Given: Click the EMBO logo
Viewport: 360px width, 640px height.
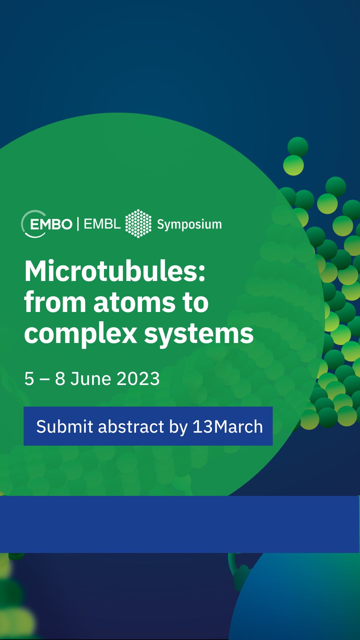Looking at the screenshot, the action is [47, 224].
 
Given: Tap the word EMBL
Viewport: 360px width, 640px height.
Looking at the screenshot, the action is [102, 224].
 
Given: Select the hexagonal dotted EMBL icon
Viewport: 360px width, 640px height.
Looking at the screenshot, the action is [138, 224].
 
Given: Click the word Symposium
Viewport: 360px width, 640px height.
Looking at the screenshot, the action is [189, 225].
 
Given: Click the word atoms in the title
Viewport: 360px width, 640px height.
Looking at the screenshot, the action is [134, 302].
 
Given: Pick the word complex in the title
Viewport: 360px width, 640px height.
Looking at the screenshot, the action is [81, 334].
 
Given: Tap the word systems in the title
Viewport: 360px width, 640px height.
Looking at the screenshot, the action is [199, 334].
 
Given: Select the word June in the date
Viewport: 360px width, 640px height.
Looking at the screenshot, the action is [91, 379].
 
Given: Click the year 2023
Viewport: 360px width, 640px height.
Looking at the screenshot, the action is [138, 379].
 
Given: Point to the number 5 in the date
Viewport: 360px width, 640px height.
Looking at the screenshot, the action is [29, 379].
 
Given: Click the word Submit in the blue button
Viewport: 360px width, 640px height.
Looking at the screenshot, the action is [65, 426].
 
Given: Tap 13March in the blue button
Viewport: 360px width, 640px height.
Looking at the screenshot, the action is [228, 426].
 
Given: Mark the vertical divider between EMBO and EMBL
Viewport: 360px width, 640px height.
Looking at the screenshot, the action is [78, 224].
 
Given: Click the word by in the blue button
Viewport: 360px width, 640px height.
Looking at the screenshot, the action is [178, 427].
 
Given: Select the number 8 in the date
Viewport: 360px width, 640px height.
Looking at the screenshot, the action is [60, 379].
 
